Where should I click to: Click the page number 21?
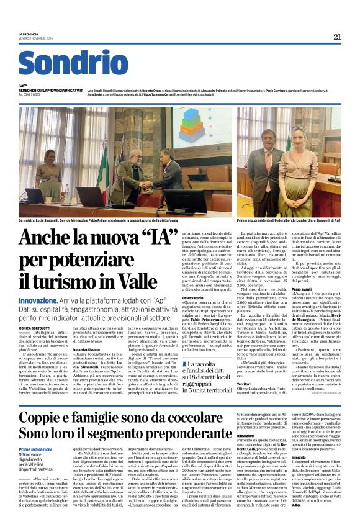337,36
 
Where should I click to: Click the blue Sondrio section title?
73,63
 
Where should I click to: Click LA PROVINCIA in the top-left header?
30,34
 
